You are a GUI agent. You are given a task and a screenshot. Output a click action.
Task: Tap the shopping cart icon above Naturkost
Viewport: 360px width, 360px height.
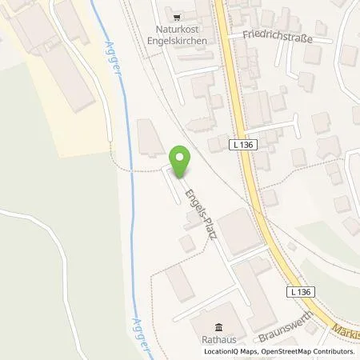coord(177,14)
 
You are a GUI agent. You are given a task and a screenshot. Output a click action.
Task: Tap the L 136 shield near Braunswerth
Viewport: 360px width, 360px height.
coord(300,293)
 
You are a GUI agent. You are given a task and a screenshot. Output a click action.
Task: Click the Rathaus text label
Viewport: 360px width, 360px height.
coord(218,338)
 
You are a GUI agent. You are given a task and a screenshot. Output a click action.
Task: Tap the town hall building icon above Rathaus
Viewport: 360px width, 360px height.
coord(218,326)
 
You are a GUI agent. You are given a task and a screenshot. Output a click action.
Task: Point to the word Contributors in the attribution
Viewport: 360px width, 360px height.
coord(332,350)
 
